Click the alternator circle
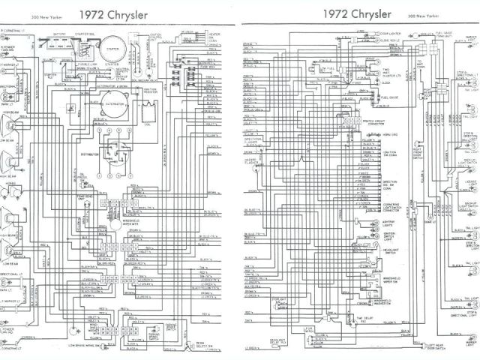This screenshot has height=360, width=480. [x=110, y=109]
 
